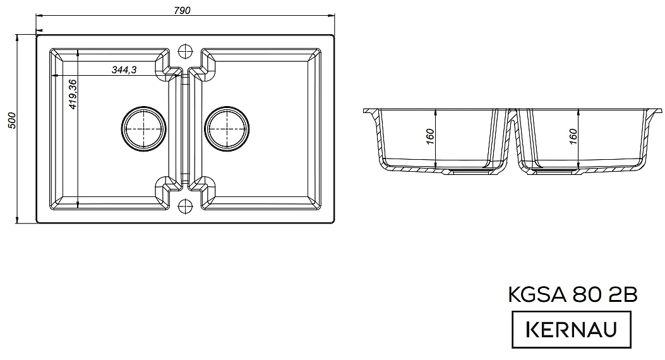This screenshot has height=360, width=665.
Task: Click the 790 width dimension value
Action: [x=182, y=10]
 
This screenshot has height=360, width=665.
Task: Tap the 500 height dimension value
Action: [x=11, y=121]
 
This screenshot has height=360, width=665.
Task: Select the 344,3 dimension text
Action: [x=124, y=69]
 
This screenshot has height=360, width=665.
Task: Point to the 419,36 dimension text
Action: [x=73, y=94]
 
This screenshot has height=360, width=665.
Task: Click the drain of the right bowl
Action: [x=227, y=128]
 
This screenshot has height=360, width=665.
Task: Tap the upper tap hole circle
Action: [x=185, y=51]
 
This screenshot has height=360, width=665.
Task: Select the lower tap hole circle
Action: [x=185, y=206]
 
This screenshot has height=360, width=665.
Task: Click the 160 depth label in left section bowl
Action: [x=429, y=136]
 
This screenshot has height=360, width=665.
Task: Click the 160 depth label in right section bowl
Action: [x=573, y=136]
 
